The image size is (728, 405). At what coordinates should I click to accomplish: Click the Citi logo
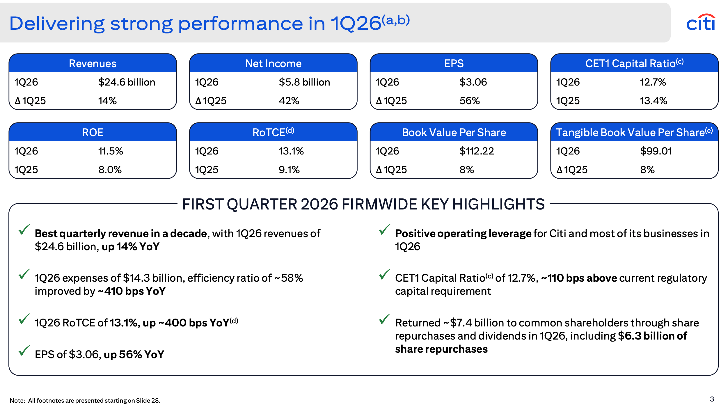click(701, 23)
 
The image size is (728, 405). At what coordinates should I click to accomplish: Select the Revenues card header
click(93, 63)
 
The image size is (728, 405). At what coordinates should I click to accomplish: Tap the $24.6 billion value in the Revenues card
click(127, 82)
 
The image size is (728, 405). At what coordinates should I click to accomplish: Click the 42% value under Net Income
click(289, 101)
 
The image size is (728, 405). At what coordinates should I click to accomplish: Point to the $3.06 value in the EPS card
click(473, 82)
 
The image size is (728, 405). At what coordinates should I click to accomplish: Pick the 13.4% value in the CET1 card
click(653, 101)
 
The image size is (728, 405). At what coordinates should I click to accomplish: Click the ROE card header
click(93, 132)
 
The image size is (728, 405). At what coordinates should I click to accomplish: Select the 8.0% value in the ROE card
click(110, 170)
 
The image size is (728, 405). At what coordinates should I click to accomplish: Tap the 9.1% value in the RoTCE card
click(289, 170)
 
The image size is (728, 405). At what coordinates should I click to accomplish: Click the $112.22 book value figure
click(477, 151)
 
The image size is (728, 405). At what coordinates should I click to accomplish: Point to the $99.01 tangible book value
click(656, 151)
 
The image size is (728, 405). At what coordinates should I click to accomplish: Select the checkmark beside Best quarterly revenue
click(24, 230)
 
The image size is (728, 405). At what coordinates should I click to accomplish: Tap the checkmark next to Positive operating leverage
click(384, 230)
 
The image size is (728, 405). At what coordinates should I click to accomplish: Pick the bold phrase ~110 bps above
click(579, 278)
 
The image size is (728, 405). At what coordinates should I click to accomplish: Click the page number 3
click(712, 399)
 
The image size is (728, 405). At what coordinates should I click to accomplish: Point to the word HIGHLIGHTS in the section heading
click(498, 204)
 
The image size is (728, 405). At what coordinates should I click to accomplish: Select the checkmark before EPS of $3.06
click(24, 351)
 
